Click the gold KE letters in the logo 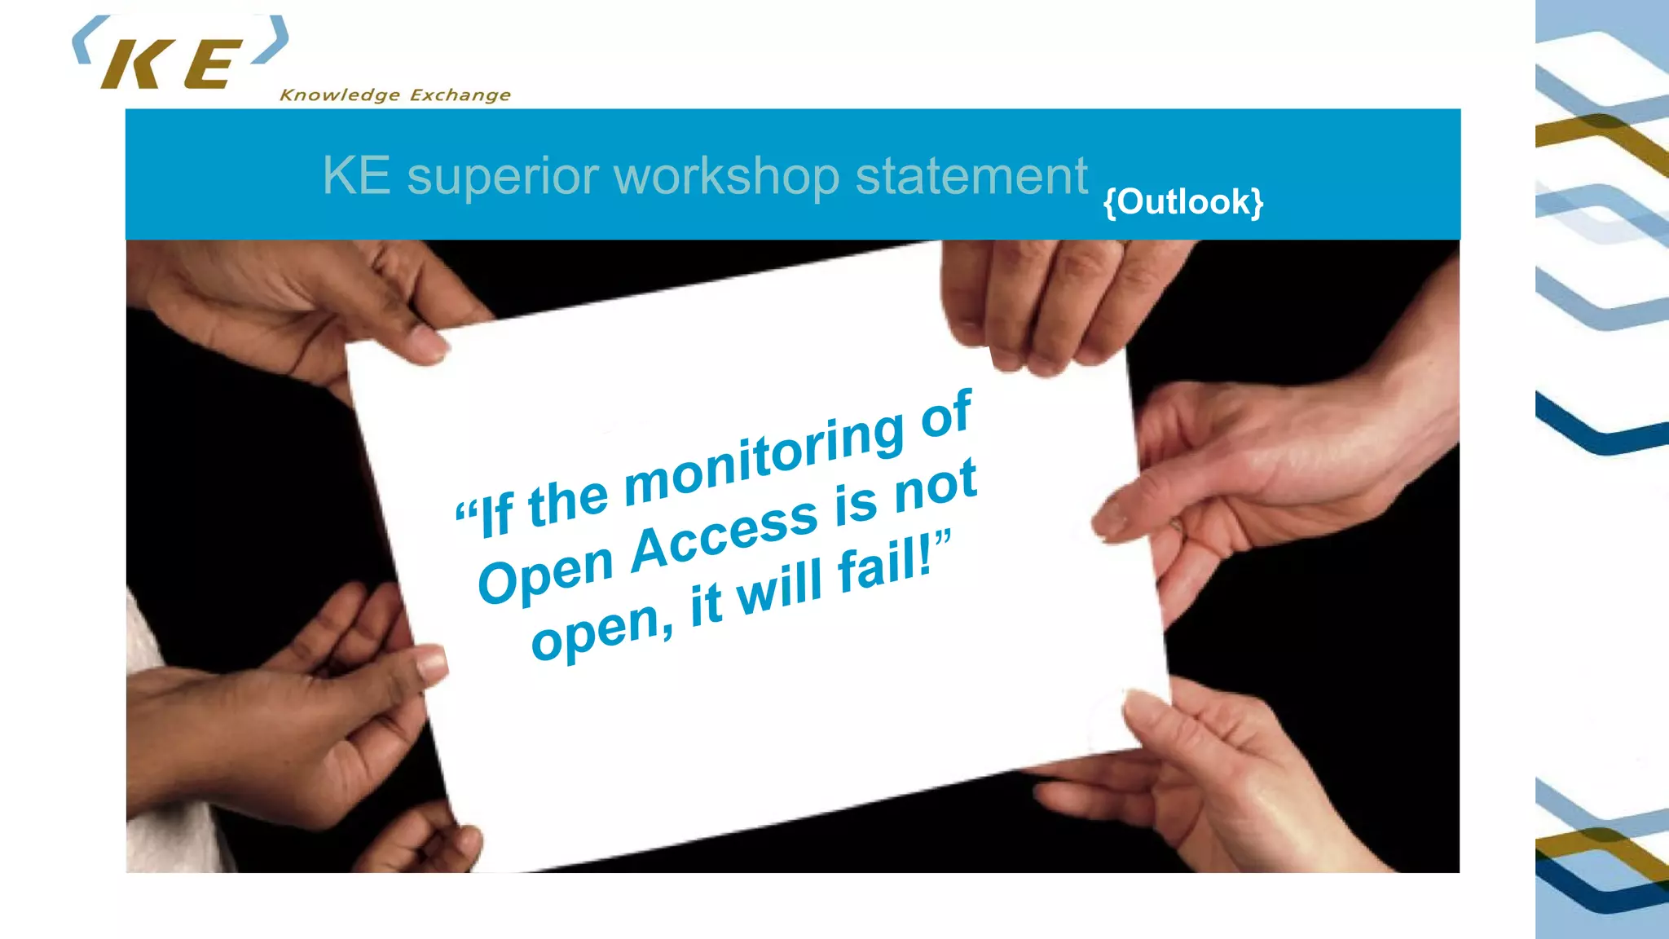pos(171,64)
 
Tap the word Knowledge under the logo pos(340,95)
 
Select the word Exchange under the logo pos(460,95)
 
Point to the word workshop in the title pos(726,176)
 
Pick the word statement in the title pos(971,176)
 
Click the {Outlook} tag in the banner pos(1182,202)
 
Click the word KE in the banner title pos(356,176)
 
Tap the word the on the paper pos(568,502)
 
